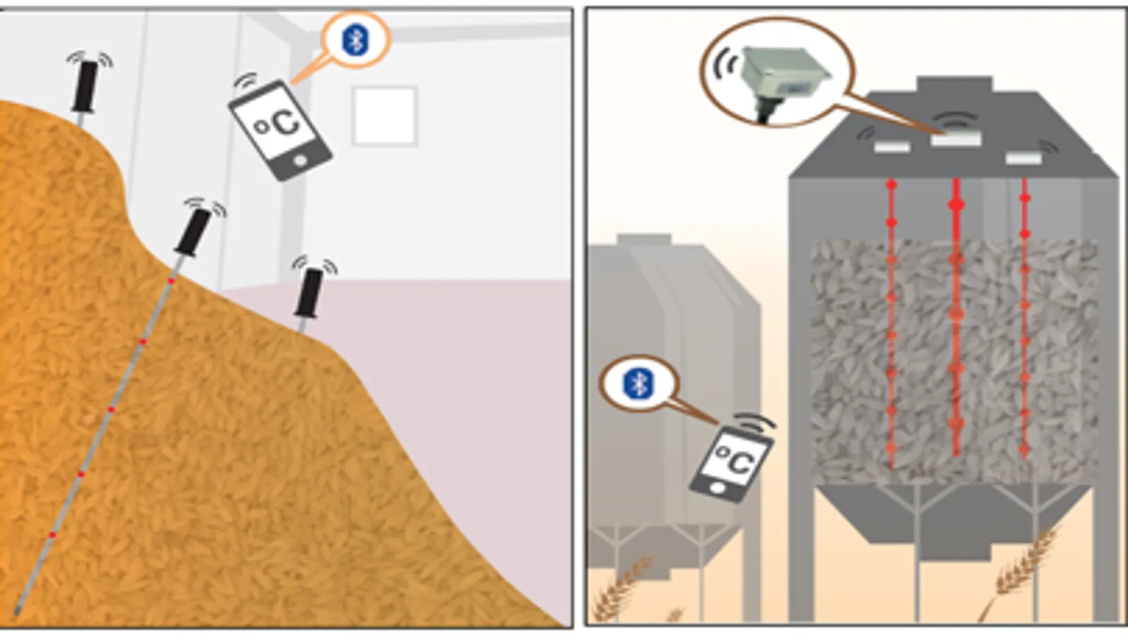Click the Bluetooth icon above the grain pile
(x=356, y=40)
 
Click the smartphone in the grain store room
(x=281, y=129)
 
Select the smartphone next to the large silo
(x=731, y=464)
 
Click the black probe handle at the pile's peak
(x=85, y=86)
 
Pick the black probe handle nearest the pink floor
(x=308, y=293)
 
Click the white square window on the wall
(x=384, y=116)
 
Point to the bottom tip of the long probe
(x=17, y=612)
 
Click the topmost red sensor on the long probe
(x=171, y=281)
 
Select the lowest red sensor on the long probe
(x=52, y=535)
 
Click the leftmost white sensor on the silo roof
(x=892, y=147)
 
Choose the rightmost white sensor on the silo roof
(x=1024, y=158)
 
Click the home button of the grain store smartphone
(x=300, y=161)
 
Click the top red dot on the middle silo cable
(x=957, y=205)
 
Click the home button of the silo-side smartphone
(x=718, y=488)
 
